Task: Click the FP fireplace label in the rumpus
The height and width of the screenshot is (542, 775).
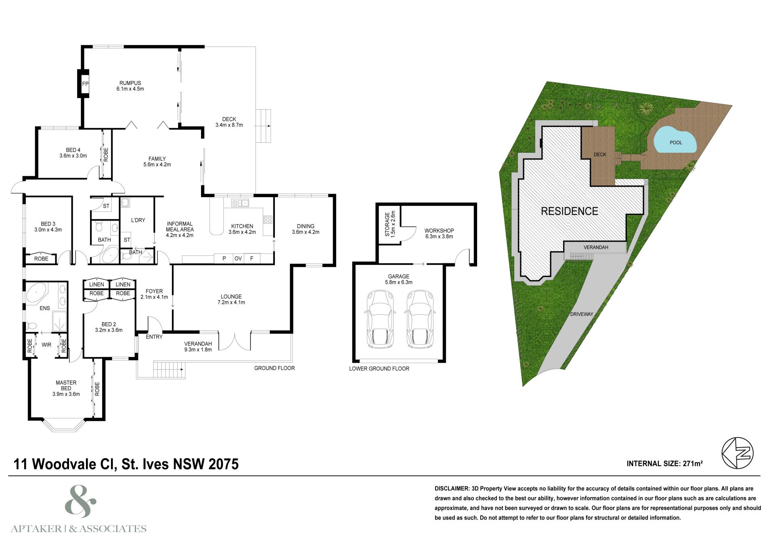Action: click(x=85, y=84)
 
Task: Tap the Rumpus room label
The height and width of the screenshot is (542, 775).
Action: click(x=130, y=86)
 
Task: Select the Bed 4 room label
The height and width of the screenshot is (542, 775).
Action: click(x=73, y=153)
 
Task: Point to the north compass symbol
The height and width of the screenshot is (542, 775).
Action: click(x=737, y=453)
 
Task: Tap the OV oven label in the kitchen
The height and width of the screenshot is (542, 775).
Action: click(x=238, y=258)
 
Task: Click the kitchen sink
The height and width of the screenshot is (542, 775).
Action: click(x=240, y=203)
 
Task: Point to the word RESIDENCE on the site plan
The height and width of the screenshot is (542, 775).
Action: click(x=569, y=211)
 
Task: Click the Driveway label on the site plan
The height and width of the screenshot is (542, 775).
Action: click(x=582, y=314)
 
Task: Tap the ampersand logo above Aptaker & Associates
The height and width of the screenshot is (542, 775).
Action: click(x=80, y=502)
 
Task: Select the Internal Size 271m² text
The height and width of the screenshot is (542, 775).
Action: click(x=665, y=464)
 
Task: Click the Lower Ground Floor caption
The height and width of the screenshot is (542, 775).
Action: click(x=379, y=369)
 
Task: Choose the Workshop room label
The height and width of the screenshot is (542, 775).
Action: click(x=439, y=233)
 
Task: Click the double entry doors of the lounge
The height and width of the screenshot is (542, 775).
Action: click(x=235, y=341)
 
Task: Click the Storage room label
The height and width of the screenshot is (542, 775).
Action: click(x=390, y=224)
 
